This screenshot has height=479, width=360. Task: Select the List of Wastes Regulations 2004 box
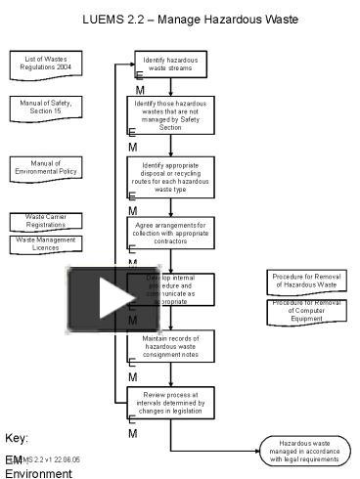click(x=46, y=65)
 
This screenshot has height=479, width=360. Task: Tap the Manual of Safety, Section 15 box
click(x=46, y=107)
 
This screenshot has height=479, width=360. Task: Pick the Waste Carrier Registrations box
click(x=46, y=222)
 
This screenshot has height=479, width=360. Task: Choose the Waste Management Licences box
click(x=46, y=244)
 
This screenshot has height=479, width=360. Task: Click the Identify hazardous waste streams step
click(x=171, y=65)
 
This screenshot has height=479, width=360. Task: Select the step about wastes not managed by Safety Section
click(x=171, y=114)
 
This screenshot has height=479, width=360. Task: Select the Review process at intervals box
click(x=171, y=402)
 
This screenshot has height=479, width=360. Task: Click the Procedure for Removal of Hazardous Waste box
click(x=306, y=283)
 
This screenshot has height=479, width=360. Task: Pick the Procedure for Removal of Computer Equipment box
click(x=306, y=310)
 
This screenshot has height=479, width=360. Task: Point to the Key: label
click(x=18, y=438)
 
